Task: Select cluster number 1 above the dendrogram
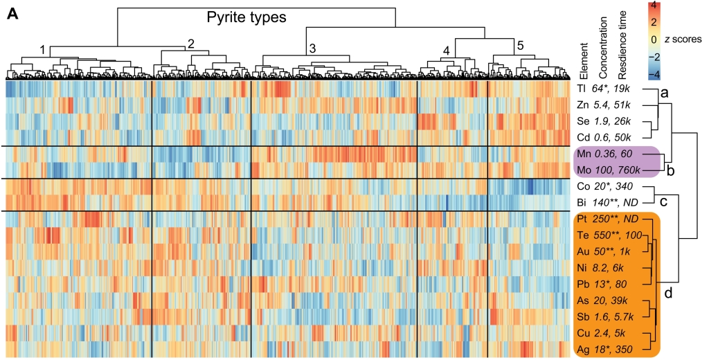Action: pyautogui.click(x=43, y=50)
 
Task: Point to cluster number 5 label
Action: pyautogui.click(x=519, y=46)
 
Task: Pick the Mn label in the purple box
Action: pyautogui.click(x=582, y=154)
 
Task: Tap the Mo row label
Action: pyautogui.click(x=582, y=170)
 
